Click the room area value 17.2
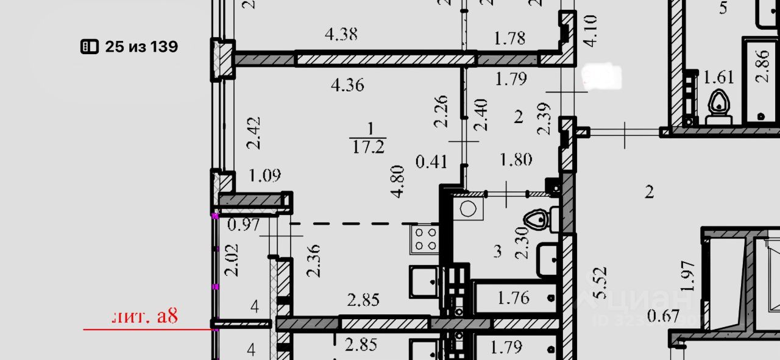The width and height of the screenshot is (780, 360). point(369,147)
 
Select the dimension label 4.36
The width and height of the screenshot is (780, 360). point(347,85)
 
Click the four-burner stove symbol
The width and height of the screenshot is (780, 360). point(425,238)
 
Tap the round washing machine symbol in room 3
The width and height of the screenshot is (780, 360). point(468,209)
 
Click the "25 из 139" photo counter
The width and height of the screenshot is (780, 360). point(130,47)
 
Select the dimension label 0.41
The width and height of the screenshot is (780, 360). point(431,162)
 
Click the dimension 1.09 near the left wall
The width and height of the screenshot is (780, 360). point(265,176)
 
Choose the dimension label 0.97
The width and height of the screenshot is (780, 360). point(244,225)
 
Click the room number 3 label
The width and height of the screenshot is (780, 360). point(498,250)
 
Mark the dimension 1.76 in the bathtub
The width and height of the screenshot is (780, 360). point(513,298)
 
